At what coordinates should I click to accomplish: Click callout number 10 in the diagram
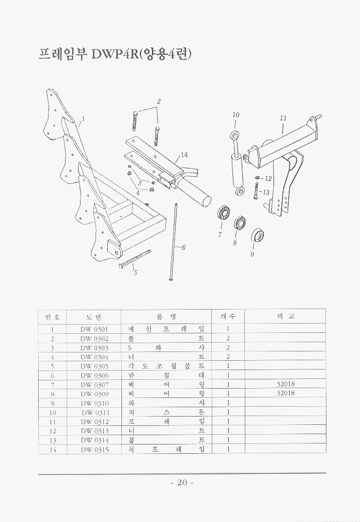click(236, 115)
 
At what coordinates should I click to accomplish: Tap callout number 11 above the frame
click(283, 118)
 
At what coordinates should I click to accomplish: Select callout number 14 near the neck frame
click(184, 155)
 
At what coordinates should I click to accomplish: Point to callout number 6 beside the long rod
click(183, 248)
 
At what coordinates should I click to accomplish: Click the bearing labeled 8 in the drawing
click(240, 223)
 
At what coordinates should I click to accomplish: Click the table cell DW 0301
click(94, 329)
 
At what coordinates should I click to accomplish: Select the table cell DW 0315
click(94, 450)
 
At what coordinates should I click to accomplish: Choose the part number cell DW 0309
click(94, 393)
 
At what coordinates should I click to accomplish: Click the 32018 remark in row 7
click(285, 384)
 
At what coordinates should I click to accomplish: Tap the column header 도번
click(94, 316)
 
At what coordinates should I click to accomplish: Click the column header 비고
click(285, 316)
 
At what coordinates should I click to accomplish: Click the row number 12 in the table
click(52, 431)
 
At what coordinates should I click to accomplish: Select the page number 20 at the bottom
click(181, 483)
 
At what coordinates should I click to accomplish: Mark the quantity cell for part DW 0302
click(228, 338)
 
